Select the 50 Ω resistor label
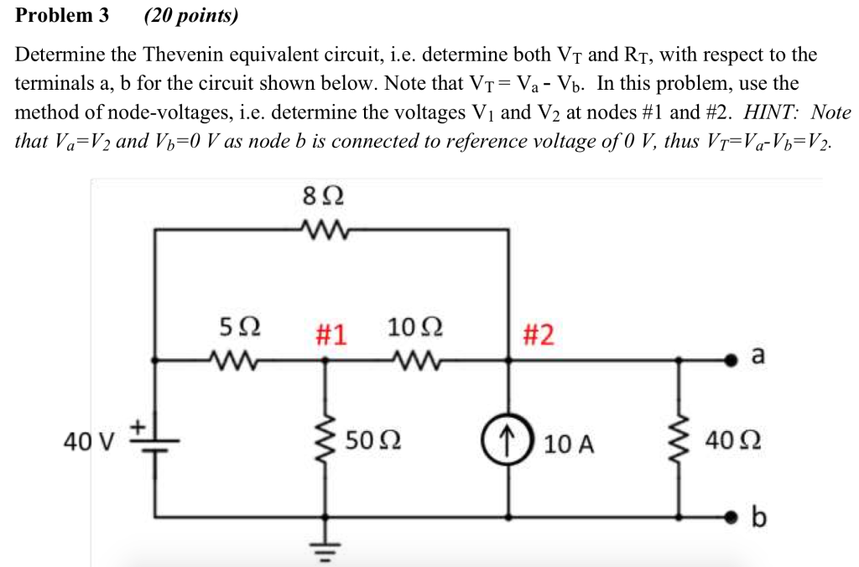click(372, 440)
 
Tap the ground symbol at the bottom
click(325, 549)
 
